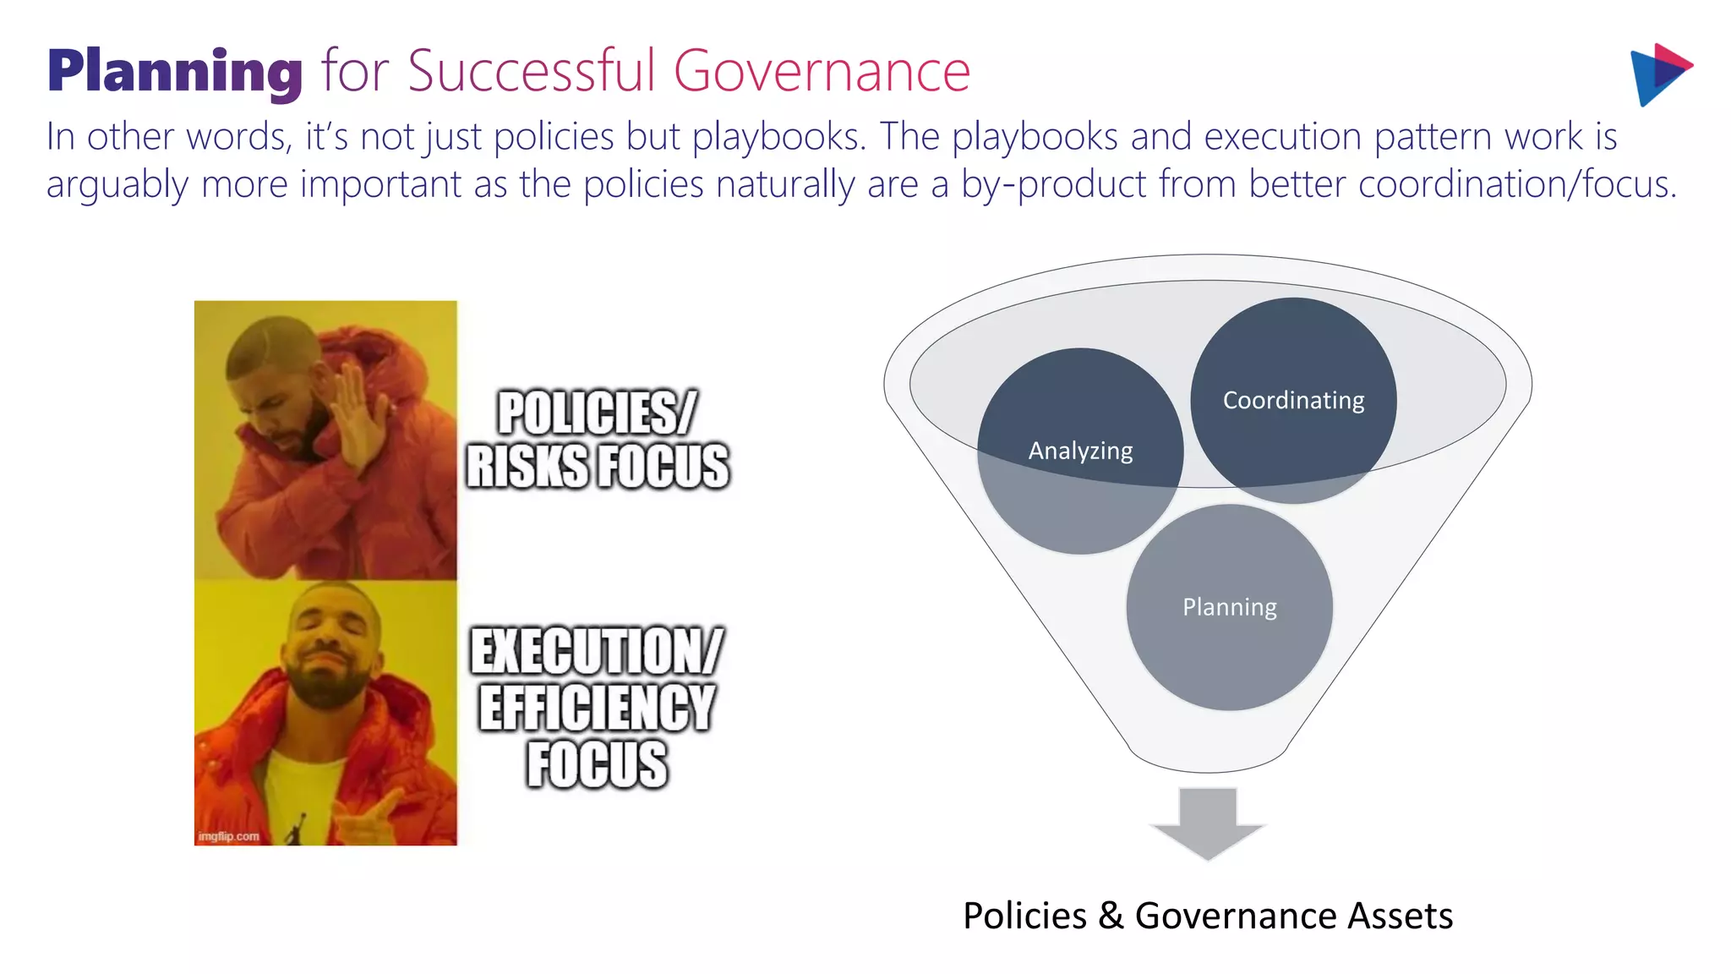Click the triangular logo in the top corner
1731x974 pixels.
[1658, 74]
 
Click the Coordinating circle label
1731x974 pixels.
[1293, 400]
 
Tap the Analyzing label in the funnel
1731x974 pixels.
[1080, 451]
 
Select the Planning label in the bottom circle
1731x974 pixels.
[1229, 607]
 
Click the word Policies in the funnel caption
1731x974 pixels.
[1024, 916]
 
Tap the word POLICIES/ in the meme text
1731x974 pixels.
[597, 413]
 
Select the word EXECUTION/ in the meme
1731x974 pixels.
[597, 651]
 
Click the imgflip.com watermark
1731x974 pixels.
[228, 836]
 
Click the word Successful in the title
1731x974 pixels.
[532, 71]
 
